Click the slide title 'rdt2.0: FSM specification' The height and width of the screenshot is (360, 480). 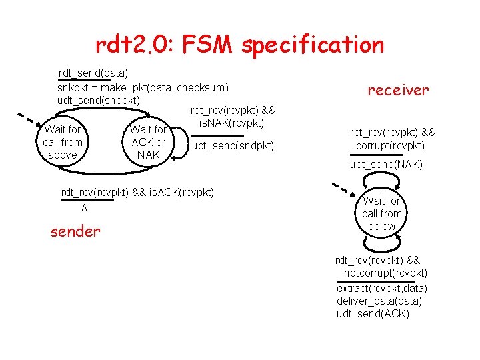coord(240,45)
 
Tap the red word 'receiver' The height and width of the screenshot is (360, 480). coord(399,90)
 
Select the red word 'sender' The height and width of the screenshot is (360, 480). coord(75,231)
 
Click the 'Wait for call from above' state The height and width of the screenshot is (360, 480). coord(63,142)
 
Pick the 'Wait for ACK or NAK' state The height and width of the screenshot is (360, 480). coord(148,142)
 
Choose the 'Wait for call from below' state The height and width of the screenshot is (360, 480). coord(382,213)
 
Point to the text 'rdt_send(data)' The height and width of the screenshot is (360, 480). coord(93,71)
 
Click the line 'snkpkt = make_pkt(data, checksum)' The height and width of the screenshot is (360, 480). coord(143,87)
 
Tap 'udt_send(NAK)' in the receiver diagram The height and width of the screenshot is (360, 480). coord(386,164)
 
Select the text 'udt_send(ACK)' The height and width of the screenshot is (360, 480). coord(373,313)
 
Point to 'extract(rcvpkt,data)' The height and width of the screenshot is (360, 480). coord(382,288)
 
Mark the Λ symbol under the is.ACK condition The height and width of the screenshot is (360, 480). coord(84,208)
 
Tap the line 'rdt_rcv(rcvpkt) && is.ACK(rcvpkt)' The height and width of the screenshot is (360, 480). coord(137,193)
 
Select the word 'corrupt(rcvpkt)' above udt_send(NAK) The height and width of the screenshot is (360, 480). coord(390,145)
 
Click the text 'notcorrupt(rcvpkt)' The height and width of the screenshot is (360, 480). coord(385,273)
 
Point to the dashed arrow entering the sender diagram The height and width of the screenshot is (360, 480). coord(28,121)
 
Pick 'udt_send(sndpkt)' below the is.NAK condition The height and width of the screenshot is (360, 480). coord(233,145)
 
